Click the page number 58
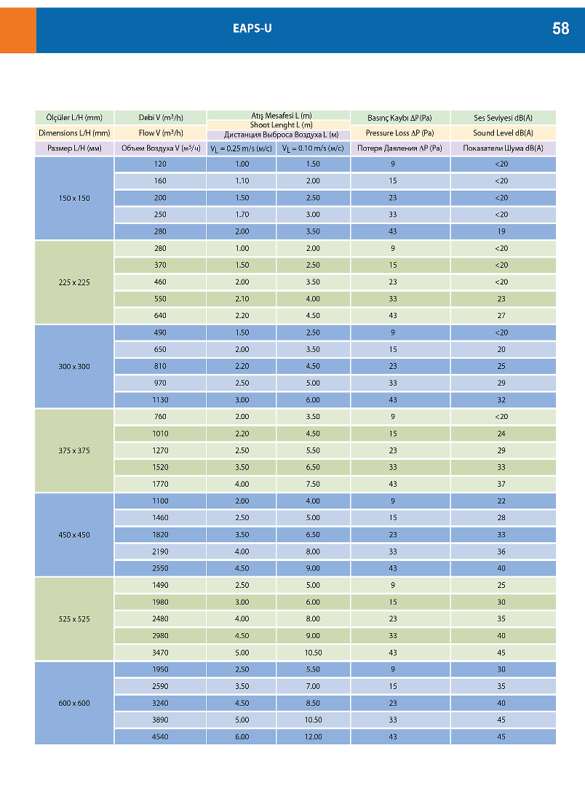point(560,29)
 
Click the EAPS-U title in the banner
point(252,29)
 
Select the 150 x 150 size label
point(74,198)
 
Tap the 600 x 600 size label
point(74,703)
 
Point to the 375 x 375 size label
point(74,450)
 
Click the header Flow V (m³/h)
point(160,133)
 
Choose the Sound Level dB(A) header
point(503,133)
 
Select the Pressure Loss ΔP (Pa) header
point(399,133)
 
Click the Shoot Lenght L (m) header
point(279,125)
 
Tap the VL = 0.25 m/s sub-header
point(241,148)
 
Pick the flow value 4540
point(160,736)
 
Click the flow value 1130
point(160,400)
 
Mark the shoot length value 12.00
point(313,736)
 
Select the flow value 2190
point(160,552)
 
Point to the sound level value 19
point(502,231)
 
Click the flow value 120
point(160,164)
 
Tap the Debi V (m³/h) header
point(160,117)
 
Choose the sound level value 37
point(502,484)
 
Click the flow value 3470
point(160,652)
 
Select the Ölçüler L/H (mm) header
point(74,117)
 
